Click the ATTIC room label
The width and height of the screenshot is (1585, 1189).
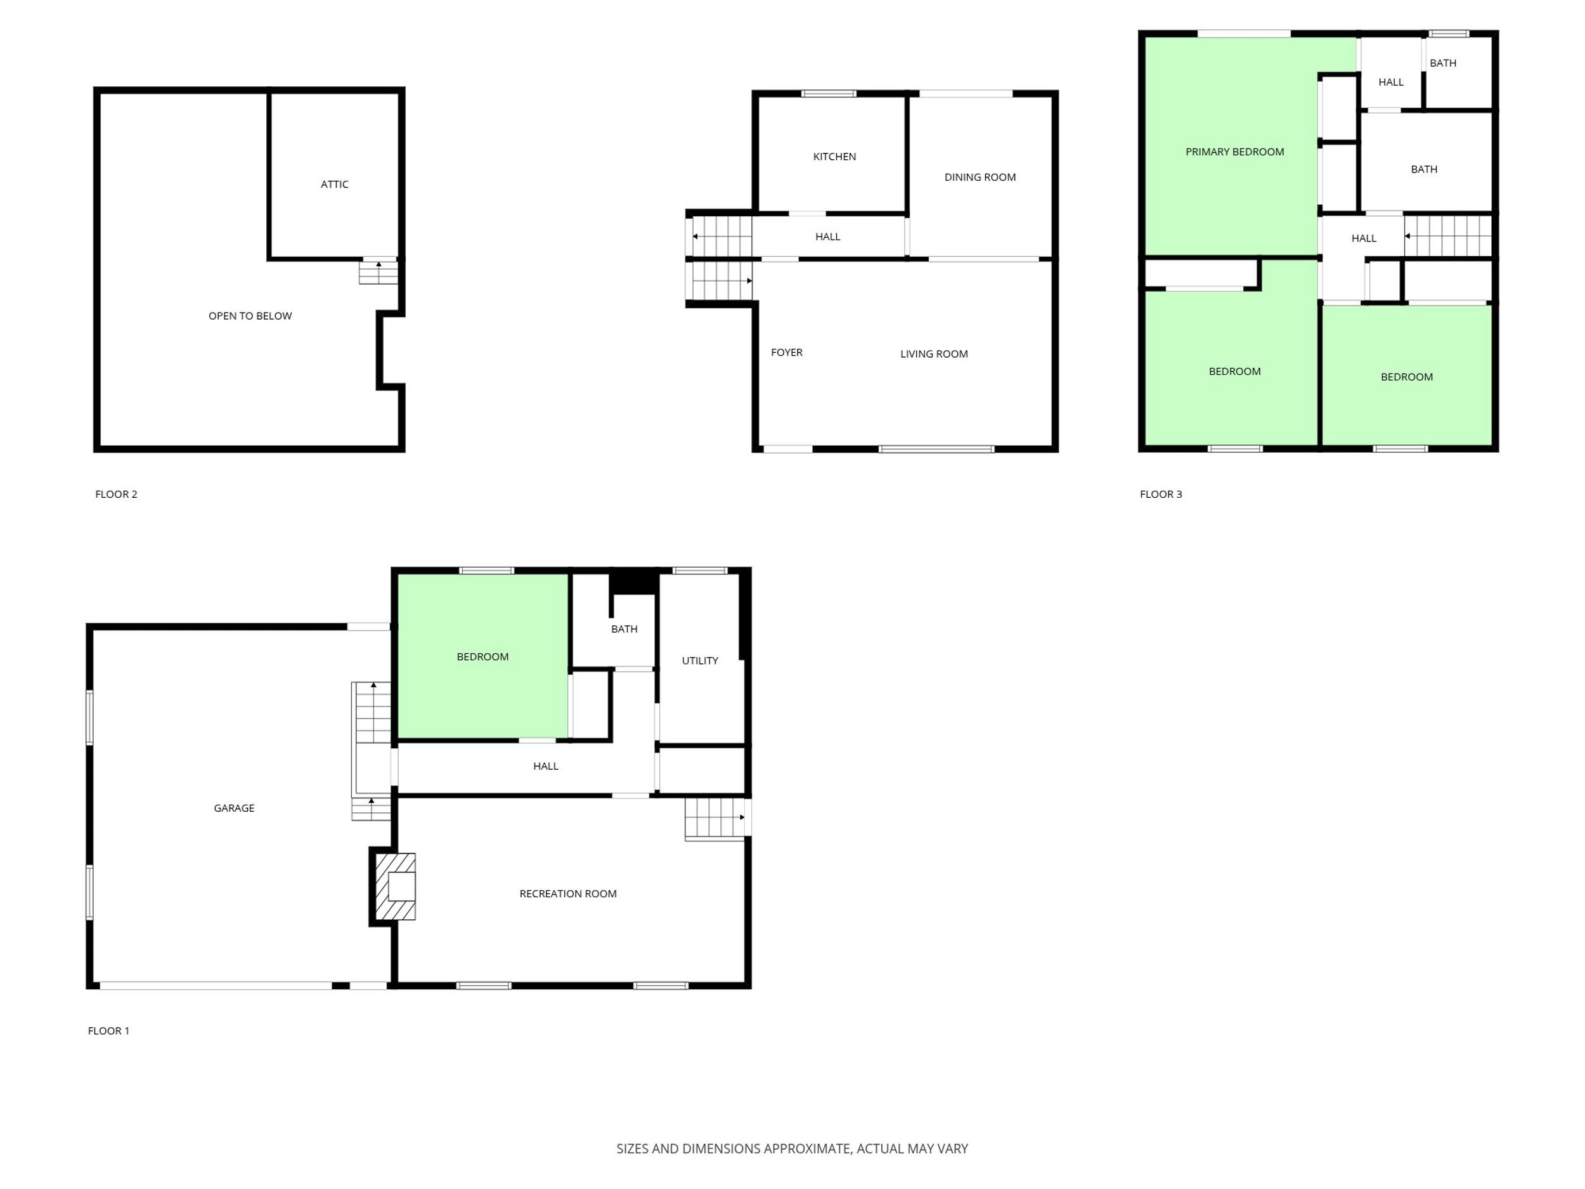335,184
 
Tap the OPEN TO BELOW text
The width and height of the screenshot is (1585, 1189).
250,316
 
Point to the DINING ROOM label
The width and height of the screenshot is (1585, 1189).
980,177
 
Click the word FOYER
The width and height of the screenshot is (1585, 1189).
786,353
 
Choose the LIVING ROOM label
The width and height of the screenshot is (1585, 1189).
934,354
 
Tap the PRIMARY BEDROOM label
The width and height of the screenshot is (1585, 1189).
1234,152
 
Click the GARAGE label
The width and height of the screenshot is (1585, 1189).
233,809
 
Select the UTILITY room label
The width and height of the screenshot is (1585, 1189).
699,661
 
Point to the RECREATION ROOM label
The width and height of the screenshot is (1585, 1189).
567,893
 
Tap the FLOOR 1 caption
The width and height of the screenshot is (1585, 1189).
108,1030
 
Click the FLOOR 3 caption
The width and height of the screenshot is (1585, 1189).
1161,494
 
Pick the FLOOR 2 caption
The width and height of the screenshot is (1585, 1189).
116,494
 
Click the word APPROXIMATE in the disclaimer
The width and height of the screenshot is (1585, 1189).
808,1149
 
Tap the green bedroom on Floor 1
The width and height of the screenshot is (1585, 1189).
482,656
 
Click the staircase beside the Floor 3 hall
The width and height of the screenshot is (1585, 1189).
1447,236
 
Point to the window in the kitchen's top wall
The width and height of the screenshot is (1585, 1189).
829,94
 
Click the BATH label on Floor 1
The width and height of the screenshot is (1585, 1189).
624,629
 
